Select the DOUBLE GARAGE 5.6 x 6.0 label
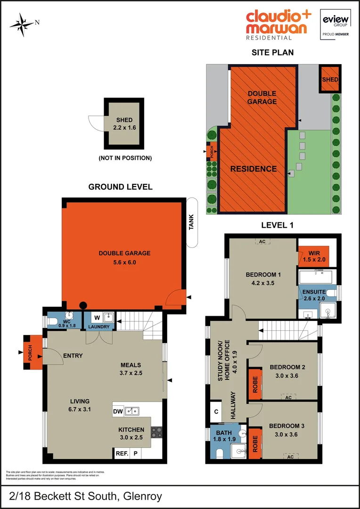(x=124, y=258)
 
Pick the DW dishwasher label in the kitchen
(x=118, y=411)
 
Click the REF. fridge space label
(x=121, y=454)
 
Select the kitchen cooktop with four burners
(x=156, y=431)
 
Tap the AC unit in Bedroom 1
(x=262, y=242)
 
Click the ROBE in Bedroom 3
(x=255, y=443)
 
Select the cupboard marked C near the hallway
(x=216, y=411)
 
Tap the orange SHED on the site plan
(x=330, y=79)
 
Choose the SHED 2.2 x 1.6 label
(x=123, y=123)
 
